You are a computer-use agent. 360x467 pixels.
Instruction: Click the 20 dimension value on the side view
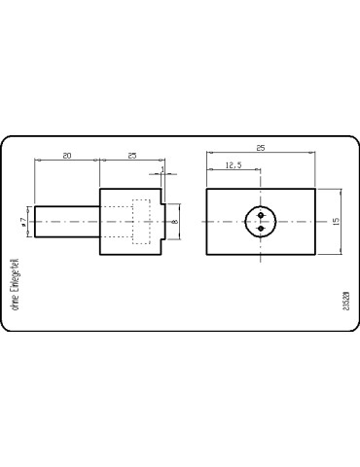pos(66,156)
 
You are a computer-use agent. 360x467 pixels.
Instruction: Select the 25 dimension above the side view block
pos(130,156)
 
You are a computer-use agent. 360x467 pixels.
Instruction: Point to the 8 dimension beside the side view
pos(175,222)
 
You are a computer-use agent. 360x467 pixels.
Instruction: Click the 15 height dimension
pos(335,222)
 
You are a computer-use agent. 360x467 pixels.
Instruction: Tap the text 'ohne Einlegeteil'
pos(13,283)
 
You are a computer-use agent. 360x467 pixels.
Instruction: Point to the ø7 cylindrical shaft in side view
pos(66,222)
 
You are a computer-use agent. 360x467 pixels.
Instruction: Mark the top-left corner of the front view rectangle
pos(207,189)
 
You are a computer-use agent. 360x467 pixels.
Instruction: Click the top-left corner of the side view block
pos(99,189)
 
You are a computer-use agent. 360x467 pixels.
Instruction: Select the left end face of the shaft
pos(34,222)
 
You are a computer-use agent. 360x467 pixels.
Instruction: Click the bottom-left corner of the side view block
pos(99,255)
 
